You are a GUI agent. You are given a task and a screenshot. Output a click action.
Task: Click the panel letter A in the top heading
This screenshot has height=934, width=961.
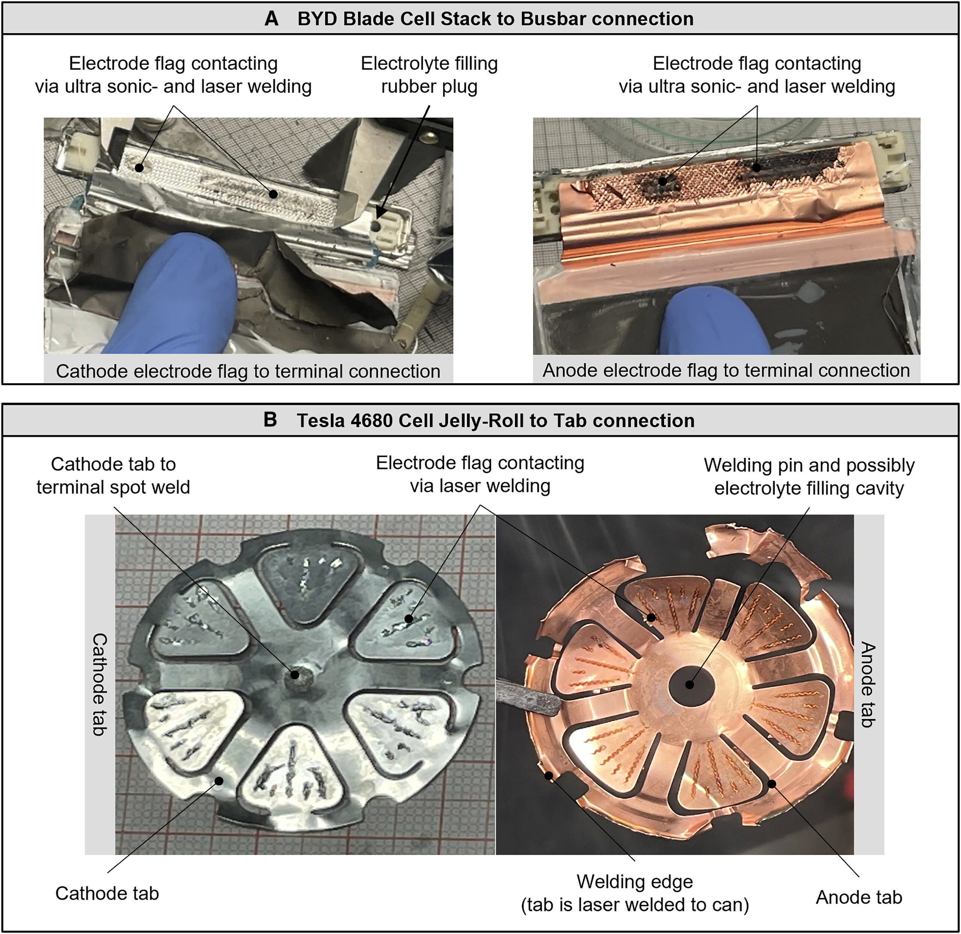coord(271,19)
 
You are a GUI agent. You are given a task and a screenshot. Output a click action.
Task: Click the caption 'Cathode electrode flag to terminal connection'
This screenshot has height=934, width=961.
coord(248,371)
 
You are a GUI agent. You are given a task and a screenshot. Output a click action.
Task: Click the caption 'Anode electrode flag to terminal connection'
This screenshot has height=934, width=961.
coord(726,370)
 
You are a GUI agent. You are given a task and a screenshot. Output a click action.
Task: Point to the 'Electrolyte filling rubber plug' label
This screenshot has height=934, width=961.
coord(429,75)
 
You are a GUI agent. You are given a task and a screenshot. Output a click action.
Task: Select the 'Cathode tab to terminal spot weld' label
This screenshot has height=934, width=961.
coord(113,475)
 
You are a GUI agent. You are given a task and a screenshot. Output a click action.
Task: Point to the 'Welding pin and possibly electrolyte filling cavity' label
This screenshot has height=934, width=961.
coord(809,476)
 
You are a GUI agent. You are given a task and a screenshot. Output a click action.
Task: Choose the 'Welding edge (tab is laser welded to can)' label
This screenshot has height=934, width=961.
coord(635,893)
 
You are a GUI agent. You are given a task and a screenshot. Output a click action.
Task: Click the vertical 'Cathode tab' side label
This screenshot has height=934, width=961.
coord(99,684)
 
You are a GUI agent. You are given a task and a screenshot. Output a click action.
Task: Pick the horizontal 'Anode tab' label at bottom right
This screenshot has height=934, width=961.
coord(859,897)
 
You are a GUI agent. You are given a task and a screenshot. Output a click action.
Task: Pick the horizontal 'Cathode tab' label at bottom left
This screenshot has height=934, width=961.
coord(107,893)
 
